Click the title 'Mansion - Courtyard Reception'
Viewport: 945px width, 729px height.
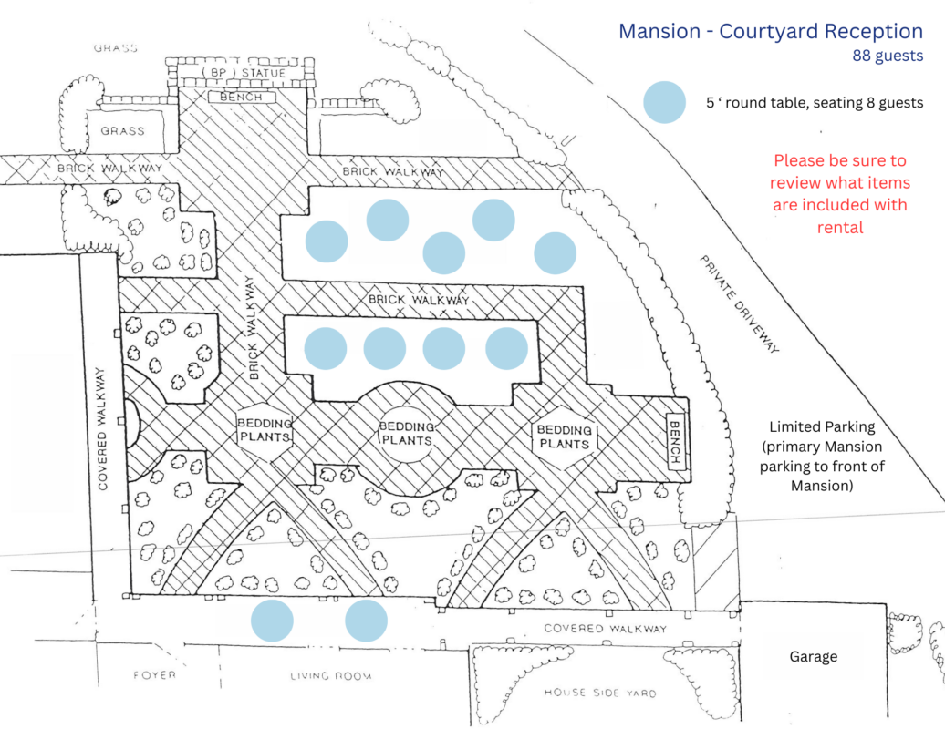771,31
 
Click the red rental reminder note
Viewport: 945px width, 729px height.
840,194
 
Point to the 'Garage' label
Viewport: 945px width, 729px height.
813,656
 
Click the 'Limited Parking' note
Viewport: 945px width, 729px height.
822,457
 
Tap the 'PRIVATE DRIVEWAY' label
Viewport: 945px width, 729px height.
741,303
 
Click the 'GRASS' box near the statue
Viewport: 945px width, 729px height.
122,131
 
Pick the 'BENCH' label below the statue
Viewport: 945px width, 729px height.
241,97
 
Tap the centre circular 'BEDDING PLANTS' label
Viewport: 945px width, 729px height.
405,432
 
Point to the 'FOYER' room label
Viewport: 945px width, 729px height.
153,675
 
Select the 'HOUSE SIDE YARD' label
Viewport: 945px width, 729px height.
599,693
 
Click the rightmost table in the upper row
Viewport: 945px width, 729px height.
556,253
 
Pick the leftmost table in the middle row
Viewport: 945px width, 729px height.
325,348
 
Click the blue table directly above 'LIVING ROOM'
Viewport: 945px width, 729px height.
367,621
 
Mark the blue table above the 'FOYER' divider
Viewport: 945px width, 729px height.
272,621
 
